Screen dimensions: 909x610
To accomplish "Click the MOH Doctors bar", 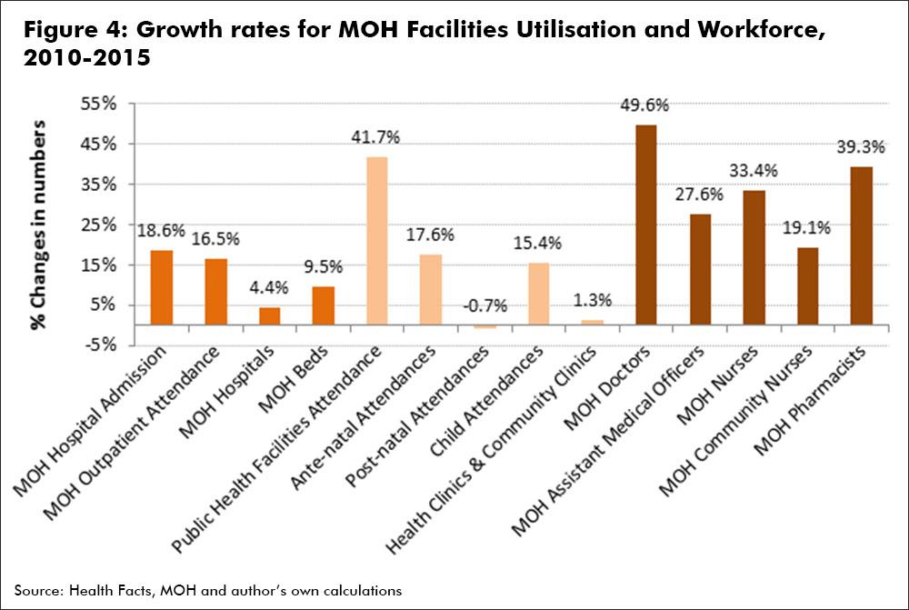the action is pyautogui.click(x=646, y=225).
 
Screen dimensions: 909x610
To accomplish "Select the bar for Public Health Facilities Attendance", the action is pyautogui.click(x=377, y=241).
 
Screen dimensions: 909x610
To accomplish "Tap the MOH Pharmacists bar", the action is pyautogui.click(x=862, y=245).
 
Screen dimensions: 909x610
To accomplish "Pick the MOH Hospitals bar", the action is pyautogui.click(x=270, y=316).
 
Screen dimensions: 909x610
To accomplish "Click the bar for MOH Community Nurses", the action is pyautogui.click(x=807, y=286).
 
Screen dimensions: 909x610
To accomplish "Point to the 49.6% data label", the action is pyautogui.click(x=644, y=105).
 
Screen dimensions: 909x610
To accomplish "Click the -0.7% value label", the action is pyautogui.click(x=484, y=305).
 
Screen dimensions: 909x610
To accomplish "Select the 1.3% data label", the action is pyautogui.click(x=593, y=300).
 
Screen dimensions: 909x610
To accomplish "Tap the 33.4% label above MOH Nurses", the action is pyautogui.click(x=753, y=171).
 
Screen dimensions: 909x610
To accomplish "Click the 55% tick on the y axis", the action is pyautogui.click(x=98, y=105).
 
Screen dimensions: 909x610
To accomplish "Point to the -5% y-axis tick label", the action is pyautogui.click(x=100, y=345).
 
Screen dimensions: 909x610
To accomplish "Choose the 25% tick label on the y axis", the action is pyautogui.click(x=98, y=225).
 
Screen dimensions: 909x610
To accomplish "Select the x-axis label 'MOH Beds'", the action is pyautogui.click(x=293, y=379).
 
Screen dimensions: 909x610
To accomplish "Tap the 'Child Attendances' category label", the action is pyautogui.click(x=486, y=400).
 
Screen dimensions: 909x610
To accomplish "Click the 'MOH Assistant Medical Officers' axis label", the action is pyautogui.click(x=608, y=441).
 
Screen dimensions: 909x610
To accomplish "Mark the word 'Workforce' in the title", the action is pyautogui.click(x=761, y=30).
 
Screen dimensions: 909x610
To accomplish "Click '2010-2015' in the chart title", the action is pyautogui.click(x=87, y=57).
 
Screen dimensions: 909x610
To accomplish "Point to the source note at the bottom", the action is pyautogui.click(x=208, y=591).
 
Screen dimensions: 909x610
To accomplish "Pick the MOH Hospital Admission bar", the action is pyautogui.click(x=162, y=287).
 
